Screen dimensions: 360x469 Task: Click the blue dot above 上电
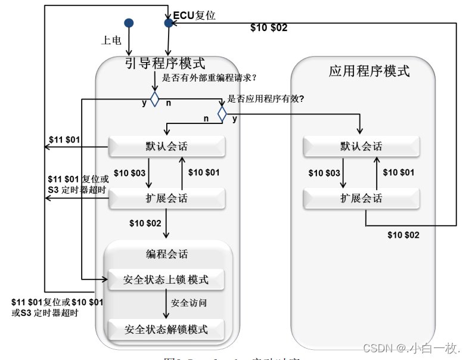pos(129,23)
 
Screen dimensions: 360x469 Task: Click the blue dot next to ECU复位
pos(169,23)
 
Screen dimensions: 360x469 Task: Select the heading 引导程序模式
pos(165,64)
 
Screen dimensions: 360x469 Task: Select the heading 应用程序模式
pos(369,71)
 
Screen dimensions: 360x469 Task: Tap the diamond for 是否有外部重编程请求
pos(154,99)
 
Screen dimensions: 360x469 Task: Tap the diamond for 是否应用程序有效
pos(222,113)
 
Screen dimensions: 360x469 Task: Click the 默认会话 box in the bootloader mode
pos(166,147)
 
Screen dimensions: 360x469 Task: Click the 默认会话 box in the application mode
pos(361,147)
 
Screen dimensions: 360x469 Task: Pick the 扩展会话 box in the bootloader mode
pos(166,198)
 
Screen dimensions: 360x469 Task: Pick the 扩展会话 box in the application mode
pos(361,198)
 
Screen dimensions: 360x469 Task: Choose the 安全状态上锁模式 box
pos(166,280)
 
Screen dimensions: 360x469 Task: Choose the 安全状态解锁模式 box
pos(166,329)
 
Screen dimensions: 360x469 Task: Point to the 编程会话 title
pos(167,254)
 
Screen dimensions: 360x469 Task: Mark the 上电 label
pos(111,40)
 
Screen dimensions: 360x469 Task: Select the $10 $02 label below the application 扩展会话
pos(403,235)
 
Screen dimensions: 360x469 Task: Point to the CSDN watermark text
pos(411,348)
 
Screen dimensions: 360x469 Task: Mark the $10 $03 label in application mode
pos(324,173)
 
